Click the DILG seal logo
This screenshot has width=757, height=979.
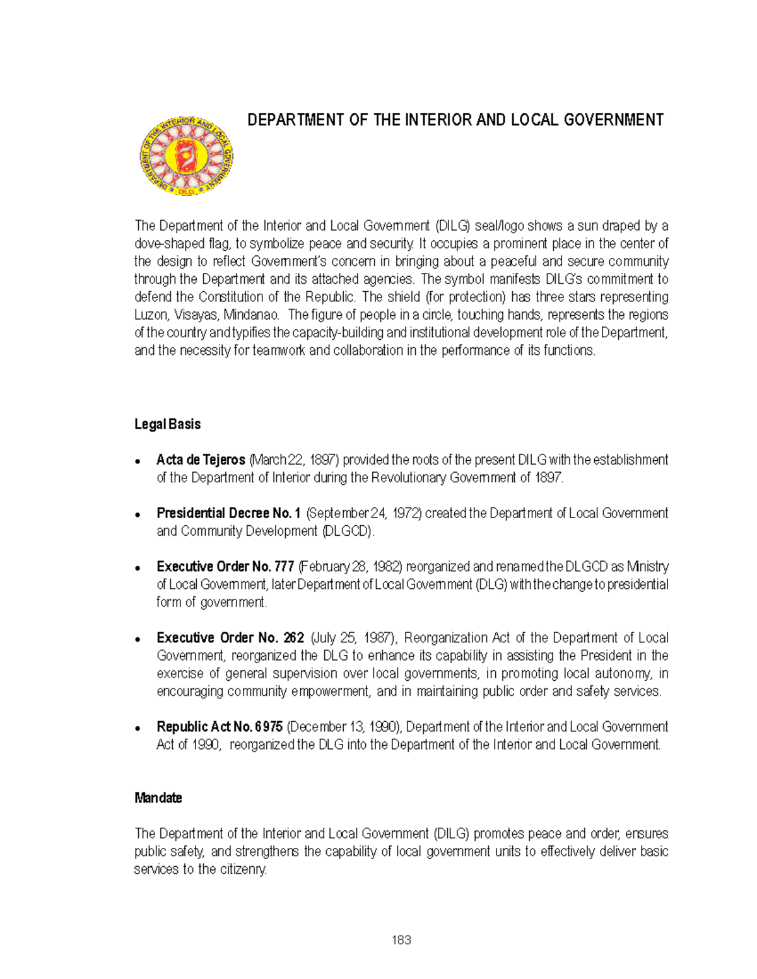[187, 156]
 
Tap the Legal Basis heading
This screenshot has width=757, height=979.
[167, 424]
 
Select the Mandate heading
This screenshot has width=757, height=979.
[158, 798]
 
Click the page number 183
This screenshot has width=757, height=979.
[401, 941]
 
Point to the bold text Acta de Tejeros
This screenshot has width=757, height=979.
[201, 460]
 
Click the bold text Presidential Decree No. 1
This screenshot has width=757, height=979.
[228, 513]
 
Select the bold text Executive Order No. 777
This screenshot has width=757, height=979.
[225, 567]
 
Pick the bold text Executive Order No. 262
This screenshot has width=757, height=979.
[230, 638]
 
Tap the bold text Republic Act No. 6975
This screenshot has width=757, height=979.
[219, 727]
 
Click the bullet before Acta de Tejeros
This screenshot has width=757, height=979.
[138, 461]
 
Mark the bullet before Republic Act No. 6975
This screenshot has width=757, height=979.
[138, 728]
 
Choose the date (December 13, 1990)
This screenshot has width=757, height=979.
[344, 727]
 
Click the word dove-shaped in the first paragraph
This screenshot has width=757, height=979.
[166, 244]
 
